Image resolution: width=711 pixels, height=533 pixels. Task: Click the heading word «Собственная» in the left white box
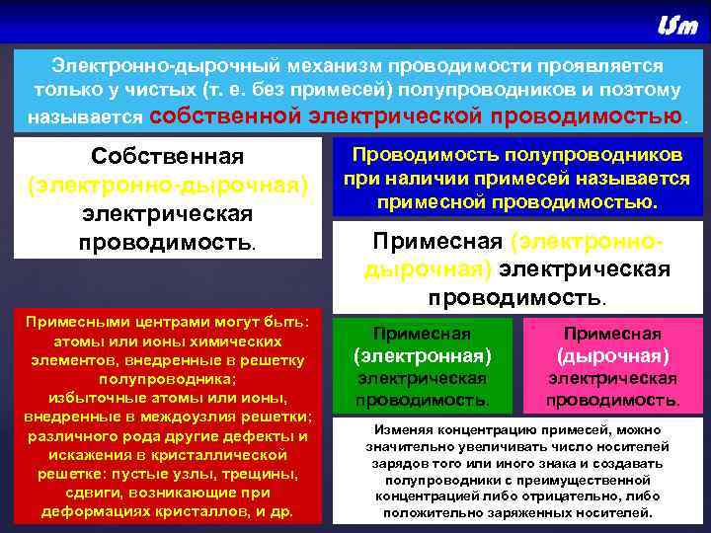click(x=167, y=158)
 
